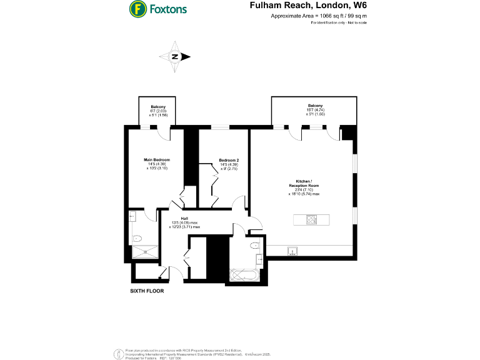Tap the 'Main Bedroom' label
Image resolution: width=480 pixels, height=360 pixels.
click(157, 160)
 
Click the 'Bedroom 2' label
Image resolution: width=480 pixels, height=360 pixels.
click(229, 160)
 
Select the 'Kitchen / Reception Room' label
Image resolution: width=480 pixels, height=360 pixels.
click(304, 184)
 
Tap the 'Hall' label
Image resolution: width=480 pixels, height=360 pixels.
click(185, 218)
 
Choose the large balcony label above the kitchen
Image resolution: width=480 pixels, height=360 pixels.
click(314, 105)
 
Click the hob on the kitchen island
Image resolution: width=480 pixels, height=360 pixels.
click(311, 219)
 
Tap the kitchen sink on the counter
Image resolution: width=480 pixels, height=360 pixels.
click(292, 251)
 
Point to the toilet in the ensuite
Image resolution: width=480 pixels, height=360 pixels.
click(138, 238)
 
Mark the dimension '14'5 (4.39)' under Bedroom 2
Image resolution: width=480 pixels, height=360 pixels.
click(229, 164)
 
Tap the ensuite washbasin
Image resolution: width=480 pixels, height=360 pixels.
click(132, 216)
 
